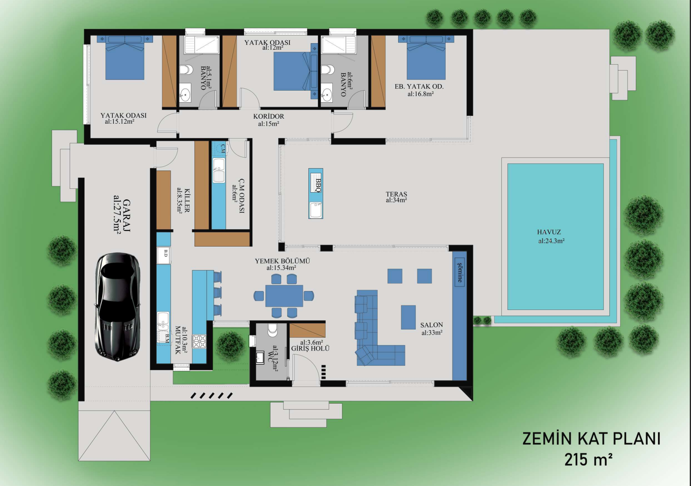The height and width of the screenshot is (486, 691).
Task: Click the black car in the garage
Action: (118, 307)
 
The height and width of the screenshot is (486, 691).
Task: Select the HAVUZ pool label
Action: (549, 232)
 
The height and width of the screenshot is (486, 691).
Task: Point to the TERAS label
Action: (396, 194)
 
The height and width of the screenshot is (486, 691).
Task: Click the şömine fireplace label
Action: (460, 272)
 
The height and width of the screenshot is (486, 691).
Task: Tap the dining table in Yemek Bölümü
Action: (284, 296)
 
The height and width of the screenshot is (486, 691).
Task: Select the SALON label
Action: (432, 325)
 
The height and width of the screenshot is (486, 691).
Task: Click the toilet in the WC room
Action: (273, 329)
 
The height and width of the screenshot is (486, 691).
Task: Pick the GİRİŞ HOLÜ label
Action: (310, 348)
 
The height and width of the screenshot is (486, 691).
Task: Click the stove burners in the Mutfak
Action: (199, 341)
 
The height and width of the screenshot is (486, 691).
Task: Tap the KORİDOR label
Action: (269, 116)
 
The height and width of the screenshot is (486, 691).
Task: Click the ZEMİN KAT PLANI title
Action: (591, 439)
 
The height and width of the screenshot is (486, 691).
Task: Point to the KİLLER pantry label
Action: (187, 200)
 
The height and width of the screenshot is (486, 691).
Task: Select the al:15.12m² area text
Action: (120, 122)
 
